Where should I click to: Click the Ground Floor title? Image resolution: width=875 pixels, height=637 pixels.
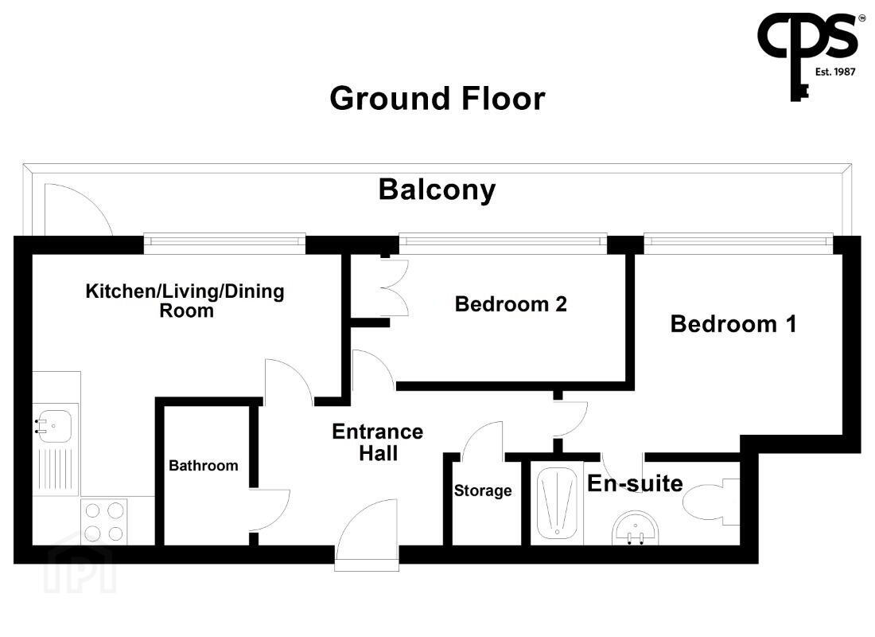437,99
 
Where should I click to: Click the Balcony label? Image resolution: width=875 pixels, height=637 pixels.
437,190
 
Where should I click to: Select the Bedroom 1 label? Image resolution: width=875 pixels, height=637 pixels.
733,324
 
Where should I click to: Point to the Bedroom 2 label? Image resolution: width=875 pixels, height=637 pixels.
511,304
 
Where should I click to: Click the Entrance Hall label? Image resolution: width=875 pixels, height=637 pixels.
378,442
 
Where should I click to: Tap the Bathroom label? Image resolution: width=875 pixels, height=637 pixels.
203,466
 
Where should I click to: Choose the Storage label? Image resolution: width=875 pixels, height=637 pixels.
483,490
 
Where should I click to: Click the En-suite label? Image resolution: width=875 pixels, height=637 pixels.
635,484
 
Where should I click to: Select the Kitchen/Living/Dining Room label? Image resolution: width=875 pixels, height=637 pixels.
185,301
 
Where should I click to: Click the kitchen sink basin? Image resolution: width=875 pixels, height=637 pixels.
54,427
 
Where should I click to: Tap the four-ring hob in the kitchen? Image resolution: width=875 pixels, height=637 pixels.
103,522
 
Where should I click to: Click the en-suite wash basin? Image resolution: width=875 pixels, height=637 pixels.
635,527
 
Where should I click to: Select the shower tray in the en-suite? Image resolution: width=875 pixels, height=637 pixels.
556,503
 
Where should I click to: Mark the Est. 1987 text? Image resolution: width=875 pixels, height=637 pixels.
834,72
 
